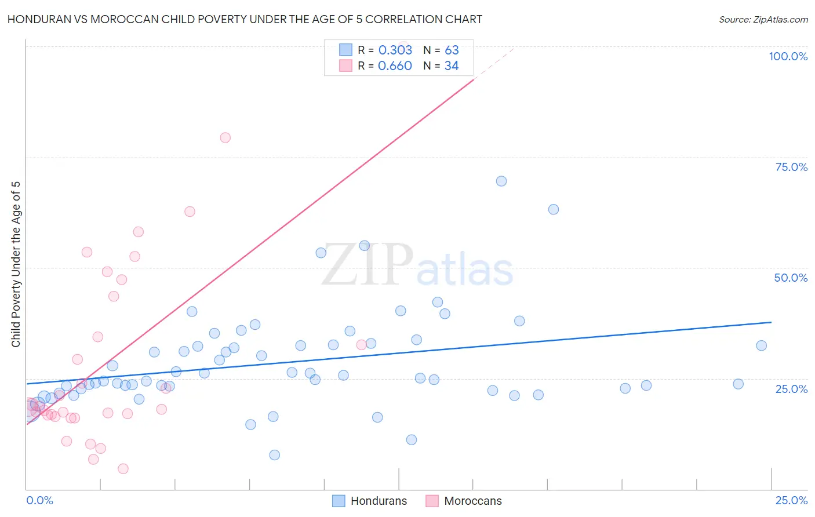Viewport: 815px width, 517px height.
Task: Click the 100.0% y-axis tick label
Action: [x=788, y=56]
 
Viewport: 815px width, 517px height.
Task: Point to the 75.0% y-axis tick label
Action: [x=791, y=167]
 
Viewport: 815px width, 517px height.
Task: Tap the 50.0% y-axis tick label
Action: [x=791, y=278]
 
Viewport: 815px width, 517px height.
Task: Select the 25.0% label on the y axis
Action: [x=791, y=389]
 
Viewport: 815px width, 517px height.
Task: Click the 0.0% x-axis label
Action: [x=39, y=500]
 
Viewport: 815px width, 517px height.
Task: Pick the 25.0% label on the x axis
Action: [x=791, y=500]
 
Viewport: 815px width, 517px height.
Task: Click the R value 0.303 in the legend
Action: [x=395, y=50]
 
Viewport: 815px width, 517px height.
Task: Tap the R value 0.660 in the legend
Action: [x=395, y=66]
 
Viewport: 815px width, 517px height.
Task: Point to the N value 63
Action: [x=452, y=50]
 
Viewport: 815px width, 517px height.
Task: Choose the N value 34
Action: [x=452, y=66]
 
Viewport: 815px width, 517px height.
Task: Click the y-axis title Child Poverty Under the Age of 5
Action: [x=16, y=264]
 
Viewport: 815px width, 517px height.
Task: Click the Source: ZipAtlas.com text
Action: [x=763, y=20]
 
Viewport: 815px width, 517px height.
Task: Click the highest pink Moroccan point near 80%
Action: [x=225, y=137]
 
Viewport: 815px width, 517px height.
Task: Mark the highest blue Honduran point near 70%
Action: [x=501, y=181]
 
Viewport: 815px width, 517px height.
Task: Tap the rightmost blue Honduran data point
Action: [x=762, y=345]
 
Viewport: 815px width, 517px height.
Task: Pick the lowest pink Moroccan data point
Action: [x=123, y=468]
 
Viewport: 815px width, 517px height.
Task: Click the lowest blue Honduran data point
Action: [x=275, y=455]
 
